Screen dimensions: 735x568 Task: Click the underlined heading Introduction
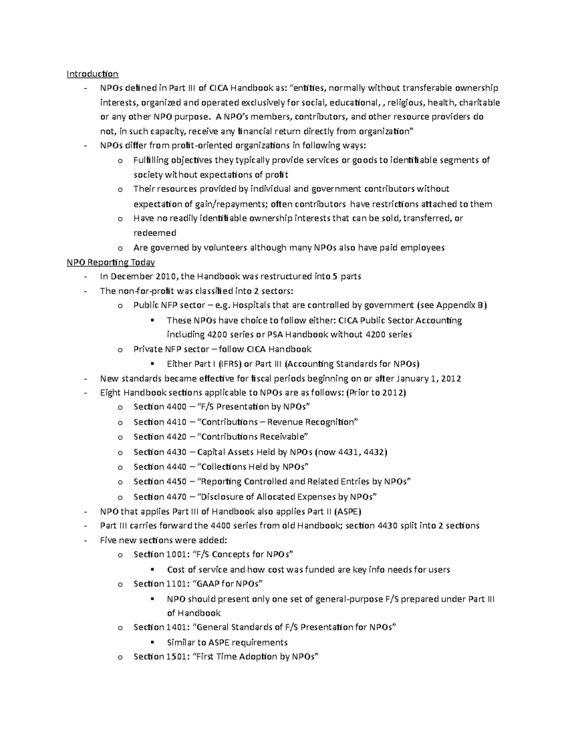pyautogui.click(x=92, y=74)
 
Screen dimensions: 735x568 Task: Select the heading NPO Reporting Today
pyautogui.click(x=111, y=262)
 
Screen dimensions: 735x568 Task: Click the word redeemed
pyautogui.click(x=155, y=233)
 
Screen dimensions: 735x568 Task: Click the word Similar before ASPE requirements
pyautogui.click(x=182, y=642)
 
